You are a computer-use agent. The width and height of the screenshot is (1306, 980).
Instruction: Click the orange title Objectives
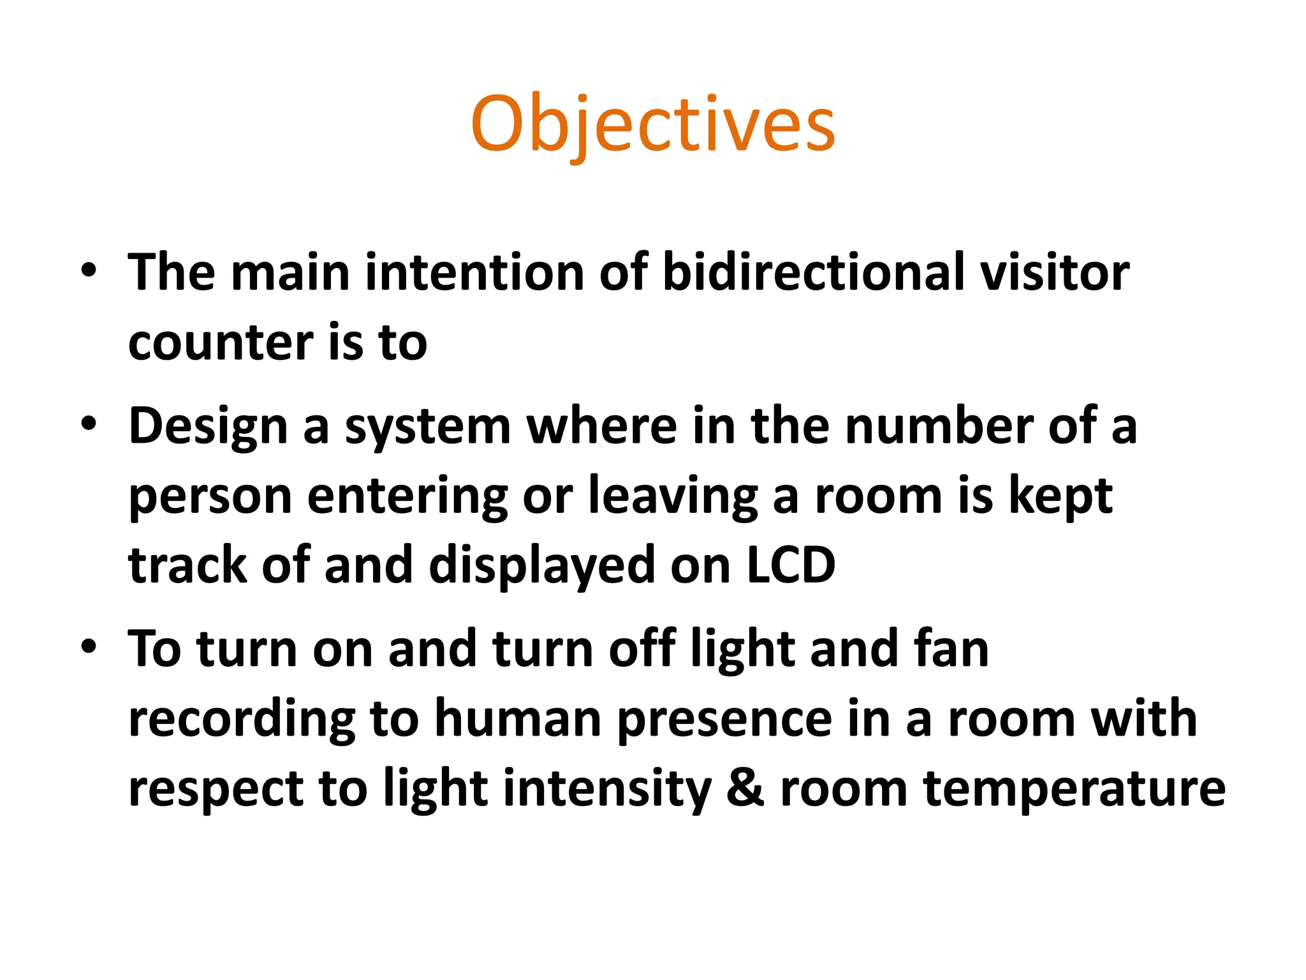click(652, 124)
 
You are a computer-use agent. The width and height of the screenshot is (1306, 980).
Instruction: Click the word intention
click(474, 272)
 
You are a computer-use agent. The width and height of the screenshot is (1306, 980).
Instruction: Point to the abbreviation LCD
click(791, 565)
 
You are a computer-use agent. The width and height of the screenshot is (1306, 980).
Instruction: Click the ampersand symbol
click(745, 789)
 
